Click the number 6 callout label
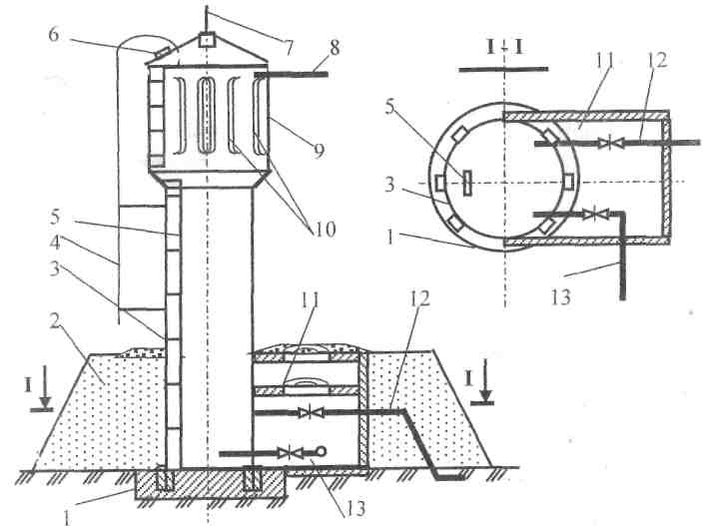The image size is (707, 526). (54, 35)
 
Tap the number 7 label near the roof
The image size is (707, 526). (288, 47)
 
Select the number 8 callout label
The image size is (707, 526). (335, 47)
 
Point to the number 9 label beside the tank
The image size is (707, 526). (319, 151)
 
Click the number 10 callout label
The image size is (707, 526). (325, 230)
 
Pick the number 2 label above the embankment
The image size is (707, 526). (55, 321)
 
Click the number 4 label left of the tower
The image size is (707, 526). (55, 243)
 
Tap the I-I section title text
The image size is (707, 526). (504, 47)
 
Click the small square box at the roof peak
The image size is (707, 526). (206, 41)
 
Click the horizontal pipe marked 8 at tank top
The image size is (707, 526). (292, 74)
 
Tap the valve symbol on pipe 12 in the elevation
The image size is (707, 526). (312, 412)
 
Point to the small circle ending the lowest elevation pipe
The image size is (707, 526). (321, 450)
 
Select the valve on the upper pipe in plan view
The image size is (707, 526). (610, 144)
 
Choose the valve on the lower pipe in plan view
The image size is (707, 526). (595, 214)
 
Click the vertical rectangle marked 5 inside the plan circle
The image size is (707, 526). (467, 182)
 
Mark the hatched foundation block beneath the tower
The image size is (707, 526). (211, 484)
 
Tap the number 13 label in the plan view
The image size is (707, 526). (560, 297)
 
